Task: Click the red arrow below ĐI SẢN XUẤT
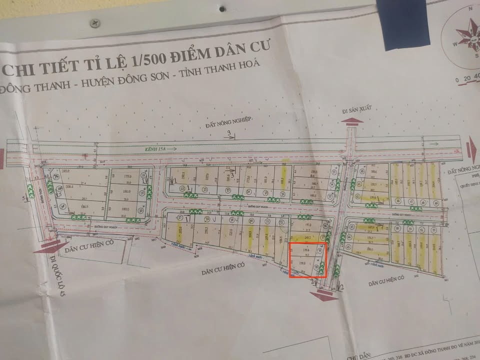pyautogui.click(x=353, y=121)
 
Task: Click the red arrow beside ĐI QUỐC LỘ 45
pyautogui.click(x=51, y=245)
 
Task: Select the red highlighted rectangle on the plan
pyautogui.click(x=307, y=259)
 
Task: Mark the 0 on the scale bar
pyautogui.click(x=456, y=79)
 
